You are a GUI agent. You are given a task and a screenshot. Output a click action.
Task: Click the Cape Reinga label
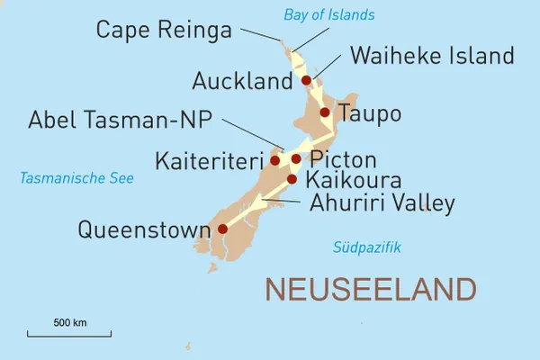164,30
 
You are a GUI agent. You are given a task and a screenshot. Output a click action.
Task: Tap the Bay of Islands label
328,14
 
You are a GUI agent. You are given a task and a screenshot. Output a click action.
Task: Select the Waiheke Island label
432,56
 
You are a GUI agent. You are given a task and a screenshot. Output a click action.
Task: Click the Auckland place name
242,81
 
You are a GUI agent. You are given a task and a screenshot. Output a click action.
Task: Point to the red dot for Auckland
306,80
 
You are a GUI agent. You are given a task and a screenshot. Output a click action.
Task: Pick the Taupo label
368,114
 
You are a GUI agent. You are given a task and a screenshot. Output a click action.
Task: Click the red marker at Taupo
325,112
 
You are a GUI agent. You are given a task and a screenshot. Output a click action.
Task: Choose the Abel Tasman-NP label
123,120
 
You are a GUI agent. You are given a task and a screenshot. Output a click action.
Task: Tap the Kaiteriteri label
211,162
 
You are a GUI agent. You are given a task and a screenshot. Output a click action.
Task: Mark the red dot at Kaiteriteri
274,161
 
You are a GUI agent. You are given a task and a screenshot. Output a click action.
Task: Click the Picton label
342,160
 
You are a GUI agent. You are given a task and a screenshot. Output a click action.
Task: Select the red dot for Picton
296,159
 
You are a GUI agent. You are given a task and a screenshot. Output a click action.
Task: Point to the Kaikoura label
354,182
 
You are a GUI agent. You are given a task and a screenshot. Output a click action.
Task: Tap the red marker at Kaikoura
292,179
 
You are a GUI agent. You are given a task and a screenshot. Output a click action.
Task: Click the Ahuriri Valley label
382,203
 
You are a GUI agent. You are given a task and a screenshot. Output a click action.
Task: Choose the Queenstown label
144,229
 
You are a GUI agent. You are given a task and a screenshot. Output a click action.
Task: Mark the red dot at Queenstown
222,229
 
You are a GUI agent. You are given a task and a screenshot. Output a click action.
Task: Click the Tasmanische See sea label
76,179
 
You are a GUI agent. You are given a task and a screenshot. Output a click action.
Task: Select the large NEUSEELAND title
370,290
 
